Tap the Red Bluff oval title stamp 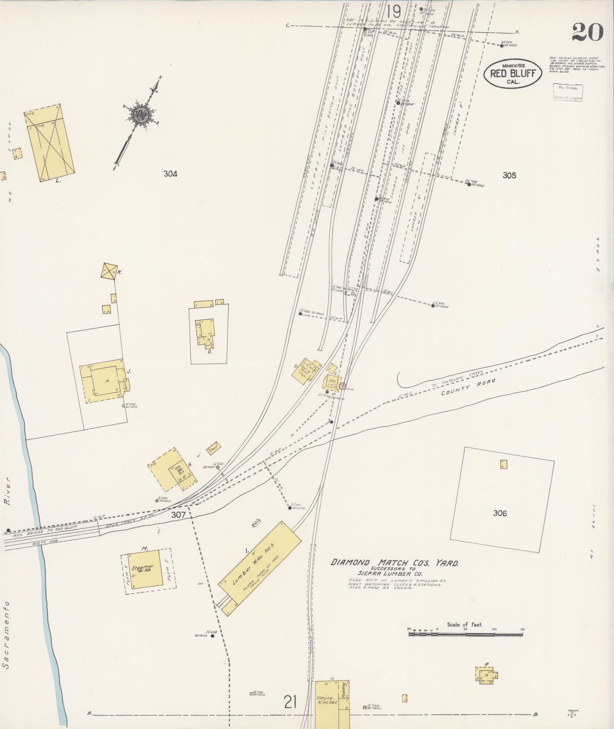tap(513, 74)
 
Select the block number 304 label tap(170, 174)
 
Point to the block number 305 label tap(509, 175)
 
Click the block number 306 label tap(499, 513)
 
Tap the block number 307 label tap(178, 515)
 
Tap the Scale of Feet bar tap(465, 634)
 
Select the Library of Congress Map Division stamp tap(568, 92)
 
